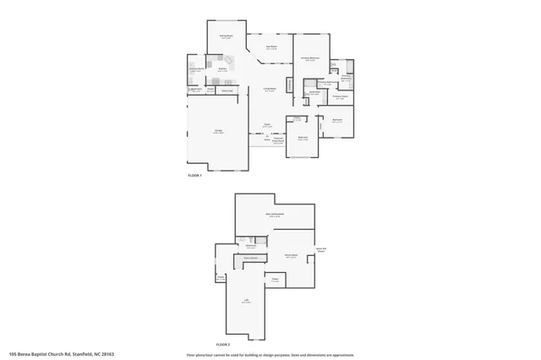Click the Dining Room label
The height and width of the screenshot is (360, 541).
click(227, 36)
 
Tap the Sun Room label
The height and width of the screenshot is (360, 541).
click(271, 48)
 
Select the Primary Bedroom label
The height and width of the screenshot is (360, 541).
click(311, 58)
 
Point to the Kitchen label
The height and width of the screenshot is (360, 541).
click(222, 69)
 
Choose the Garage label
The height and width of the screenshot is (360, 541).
click(218, 131)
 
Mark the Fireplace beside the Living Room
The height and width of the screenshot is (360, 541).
click(290, 87)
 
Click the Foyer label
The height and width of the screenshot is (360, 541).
click(267, 125)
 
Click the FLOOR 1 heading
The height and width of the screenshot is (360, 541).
click(195, 175)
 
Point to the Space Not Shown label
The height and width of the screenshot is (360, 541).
click(321, 250)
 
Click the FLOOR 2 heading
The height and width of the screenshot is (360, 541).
click(223, 345)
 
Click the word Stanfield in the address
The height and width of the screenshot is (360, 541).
click(80, 354)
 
